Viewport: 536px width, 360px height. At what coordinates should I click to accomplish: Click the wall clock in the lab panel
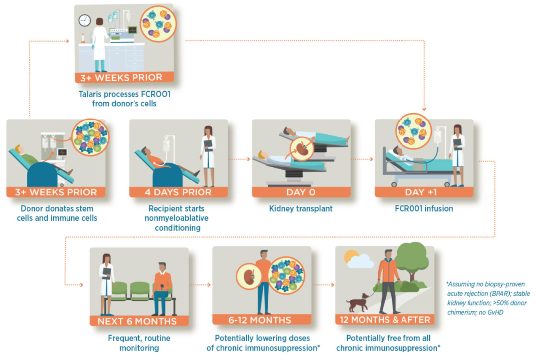[x=85, y=20]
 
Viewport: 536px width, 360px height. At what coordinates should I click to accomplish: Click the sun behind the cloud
[x=351, y=256]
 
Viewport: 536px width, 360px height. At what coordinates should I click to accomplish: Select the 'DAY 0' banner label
[x=301, y=192]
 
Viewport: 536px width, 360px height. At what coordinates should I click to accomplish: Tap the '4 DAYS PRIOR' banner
[x=178, y=192]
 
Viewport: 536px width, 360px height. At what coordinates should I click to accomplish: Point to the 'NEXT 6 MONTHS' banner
[x=137, y=321]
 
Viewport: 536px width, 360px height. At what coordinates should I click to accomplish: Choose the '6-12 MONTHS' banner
[x=260, y=320]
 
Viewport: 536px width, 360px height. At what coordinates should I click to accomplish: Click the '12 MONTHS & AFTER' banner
[x=385, y=320]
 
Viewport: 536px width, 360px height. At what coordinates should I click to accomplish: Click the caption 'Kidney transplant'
[x=301, y=209]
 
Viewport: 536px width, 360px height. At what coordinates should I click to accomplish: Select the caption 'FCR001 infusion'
[x=424, y=209]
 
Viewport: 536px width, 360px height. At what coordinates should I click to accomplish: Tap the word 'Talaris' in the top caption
[x=90, y=94]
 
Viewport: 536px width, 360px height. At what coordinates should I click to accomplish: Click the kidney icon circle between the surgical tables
[x=302, y=149]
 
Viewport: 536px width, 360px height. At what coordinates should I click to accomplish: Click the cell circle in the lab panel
[x=158, y=24]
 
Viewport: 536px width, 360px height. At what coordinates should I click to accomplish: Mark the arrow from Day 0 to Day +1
[x=362, y=159]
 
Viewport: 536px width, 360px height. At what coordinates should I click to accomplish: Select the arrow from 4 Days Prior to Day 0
[x=239, y=159]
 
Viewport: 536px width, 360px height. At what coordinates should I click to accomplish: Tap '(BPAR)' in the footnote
[x=500, y=294]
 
